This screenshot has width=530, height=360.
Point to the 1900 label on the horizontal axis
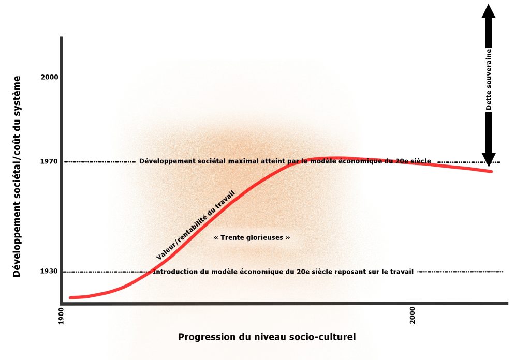click(x=62, y=316)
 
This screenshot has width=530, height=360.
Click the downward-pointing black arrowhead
click(x=489, y=158)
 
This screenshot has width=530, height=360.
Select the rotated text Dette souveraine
click(x=489, y=80)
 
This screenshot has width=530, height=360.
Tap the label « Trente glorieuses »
click(x=252, y=237)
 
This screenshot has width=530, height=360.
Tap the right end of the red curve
click(x=490, y=171)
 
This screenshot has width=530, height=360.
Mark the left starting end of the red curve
click(x=70, y=297)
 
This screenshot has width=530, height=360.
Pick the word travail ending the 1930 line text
click(x=403, y=272)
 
